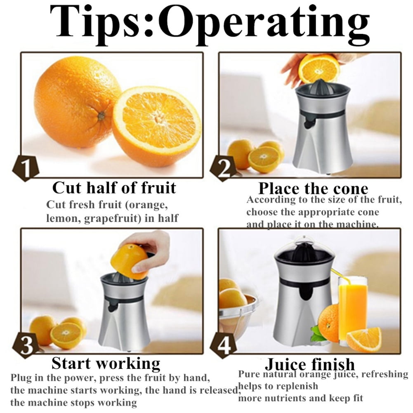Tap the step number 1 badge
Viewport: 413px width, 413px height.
26,168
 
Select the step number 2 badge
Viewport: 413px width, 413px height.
224,169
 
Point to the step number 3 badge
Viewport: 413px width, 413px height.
26,345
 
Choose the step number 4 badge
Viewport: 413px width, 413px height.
224,345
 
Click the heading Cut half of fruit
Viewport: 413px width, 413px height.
114,188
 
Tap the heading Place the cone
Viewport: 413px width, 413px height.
313,188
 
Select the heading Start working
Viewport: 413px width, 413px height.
106,364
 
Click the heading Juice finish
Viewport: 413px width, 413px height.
310,364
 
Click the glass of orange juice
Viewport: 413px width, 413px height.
352,311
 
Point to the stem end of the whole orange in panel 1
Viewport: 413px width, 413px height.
101,116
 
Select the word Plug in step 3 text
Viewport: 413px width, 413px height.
21,378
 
